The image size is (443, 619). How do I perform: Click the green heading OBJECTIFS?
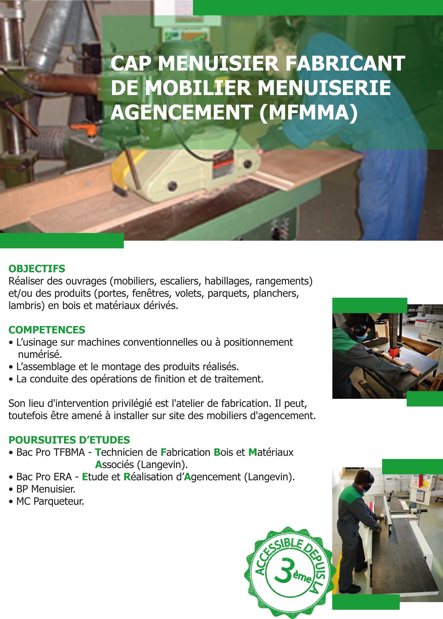(37, 269)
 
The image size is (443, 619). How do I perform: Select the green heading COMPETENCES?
(47, 330)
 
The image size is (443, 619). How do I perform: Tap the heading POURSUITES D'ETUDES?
(69, 440)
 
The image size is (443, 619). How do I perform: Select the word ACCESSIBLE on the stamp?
(275, 555)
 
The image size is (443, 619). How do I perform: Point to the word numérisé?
(40, 355)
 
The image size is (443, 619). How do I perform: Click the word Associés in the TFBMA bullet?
(114, 465)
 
